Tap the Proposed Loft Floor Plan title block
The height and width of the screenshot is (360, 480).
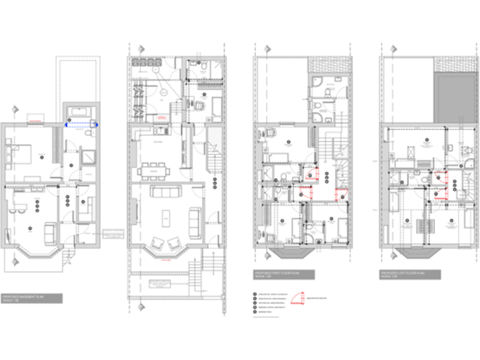pyautogui.click(x=411, y=274)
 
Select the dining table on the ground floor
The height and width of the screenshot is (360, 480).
pyautogui.click(x=153, y=170)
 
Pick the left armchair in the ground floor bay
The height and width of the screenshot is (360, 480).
pyautogui.click(x=157, y=243)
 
